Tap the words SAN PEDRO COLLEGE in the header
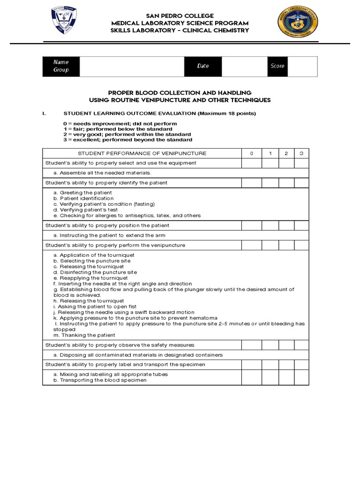coord(180,16)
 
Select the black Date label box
coord(203,66)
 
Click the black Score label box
coord(277,66)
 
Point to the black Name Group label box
coord(61,66)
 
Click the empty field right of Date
coord(244,66)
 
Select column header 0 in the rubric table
coord(251,153)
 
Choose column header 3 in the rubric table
coord(301,153)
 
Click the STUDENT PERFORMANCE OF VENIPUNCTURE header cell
coord(142,153)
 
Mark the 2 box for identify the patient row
coord(286,183)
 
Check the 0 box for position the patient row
coord(251,225)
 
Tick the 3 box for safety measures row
coord(301,345)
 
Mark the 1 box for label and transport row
coord(270,364)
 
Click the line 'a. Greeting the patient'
coord(82,193)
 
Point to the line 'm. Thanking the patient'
coord(84,335)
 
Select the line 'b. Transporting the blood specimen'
coord(100,380)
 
